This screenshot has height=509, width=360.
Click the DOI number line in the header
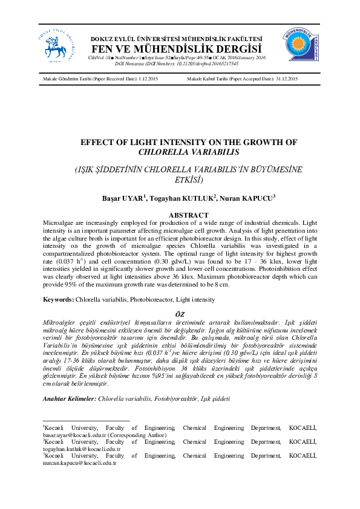(176, 62)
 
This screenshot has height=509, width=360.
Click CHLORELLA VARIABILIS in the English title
(180, 152)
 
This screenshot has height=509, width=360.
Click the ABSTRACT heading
(180, 215)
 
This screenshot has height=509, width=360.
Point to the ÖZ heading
(180, 314)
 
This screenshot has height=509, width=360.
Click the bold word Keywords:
(58, 299)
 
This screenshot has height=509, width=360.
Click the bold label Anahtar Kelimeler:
(70, 399)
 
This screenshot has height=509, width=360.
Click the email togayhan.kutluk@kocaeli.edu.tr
(82, 449)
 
